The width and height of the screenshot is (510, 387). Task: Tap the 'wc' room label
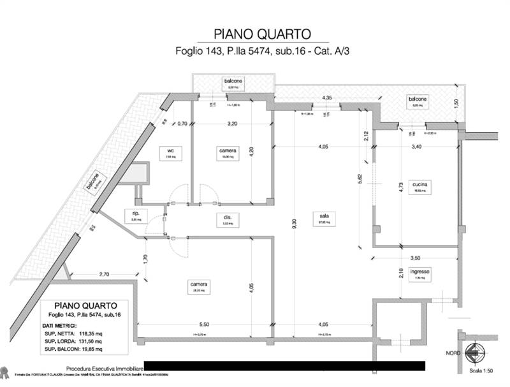coord(170,150)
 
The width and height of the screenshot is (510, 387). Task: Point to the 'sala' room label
coord(324,216)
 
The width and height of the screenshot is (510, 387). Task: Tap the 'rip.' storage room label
coord(136,214)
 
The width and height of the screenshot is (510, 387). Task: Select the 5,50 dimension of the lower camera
coord(203,325)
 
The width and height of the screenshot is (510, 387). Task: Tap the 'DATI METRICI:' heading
coord(68,325)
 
